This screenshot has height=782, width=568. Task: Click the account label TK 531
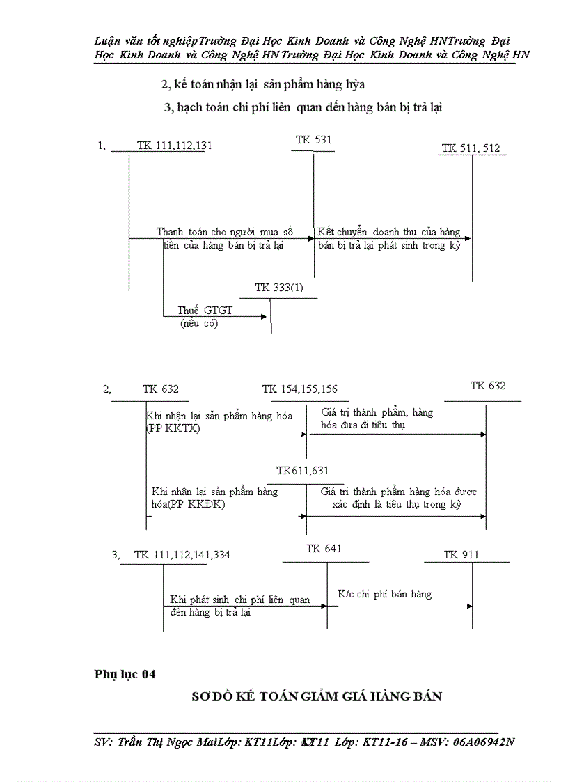(x=313, y=140)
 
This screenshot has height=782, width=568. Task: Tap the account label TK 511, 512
(x=470, y=148)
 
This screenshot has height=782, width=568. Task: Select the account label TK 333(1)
(x=279, y=288)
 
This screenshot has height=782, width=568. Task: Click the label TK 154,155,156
(x=299, y=389)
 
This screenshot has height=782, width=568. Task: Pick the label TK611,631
(x=303, y=471)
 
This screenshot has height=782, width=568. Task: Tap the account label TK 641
(x=324, y=549)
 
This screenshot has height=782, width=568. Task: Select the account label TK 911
(x=461, y=555)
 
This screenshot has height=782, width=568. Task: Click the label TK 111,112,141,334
(x=182, y=555)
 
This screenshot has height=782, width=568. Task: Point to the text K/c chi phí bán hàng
(x=384, y=594)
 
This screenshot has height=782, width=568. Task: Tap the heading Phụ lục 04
(x=125, y=673)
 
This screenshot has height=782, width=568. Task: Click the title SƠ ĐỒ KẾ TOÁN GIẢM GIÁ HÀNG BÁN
(x=317, y=696)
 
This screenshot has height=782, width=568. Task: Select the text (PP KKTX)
(x=173, y=428)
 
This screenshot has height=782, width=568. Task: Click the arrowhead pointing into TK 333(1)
(x=264, y=317)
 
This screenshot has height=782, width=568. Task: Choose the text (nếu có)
(x=198, y=324)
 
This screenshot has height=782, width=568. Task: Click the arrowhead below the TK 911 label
(x=470, y=606)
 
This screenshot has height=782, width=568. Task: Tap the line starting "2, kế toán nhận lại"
(x=263, y=84)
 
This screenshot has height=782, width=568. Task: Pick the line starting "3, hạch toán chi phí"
(x=303, y=107)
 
